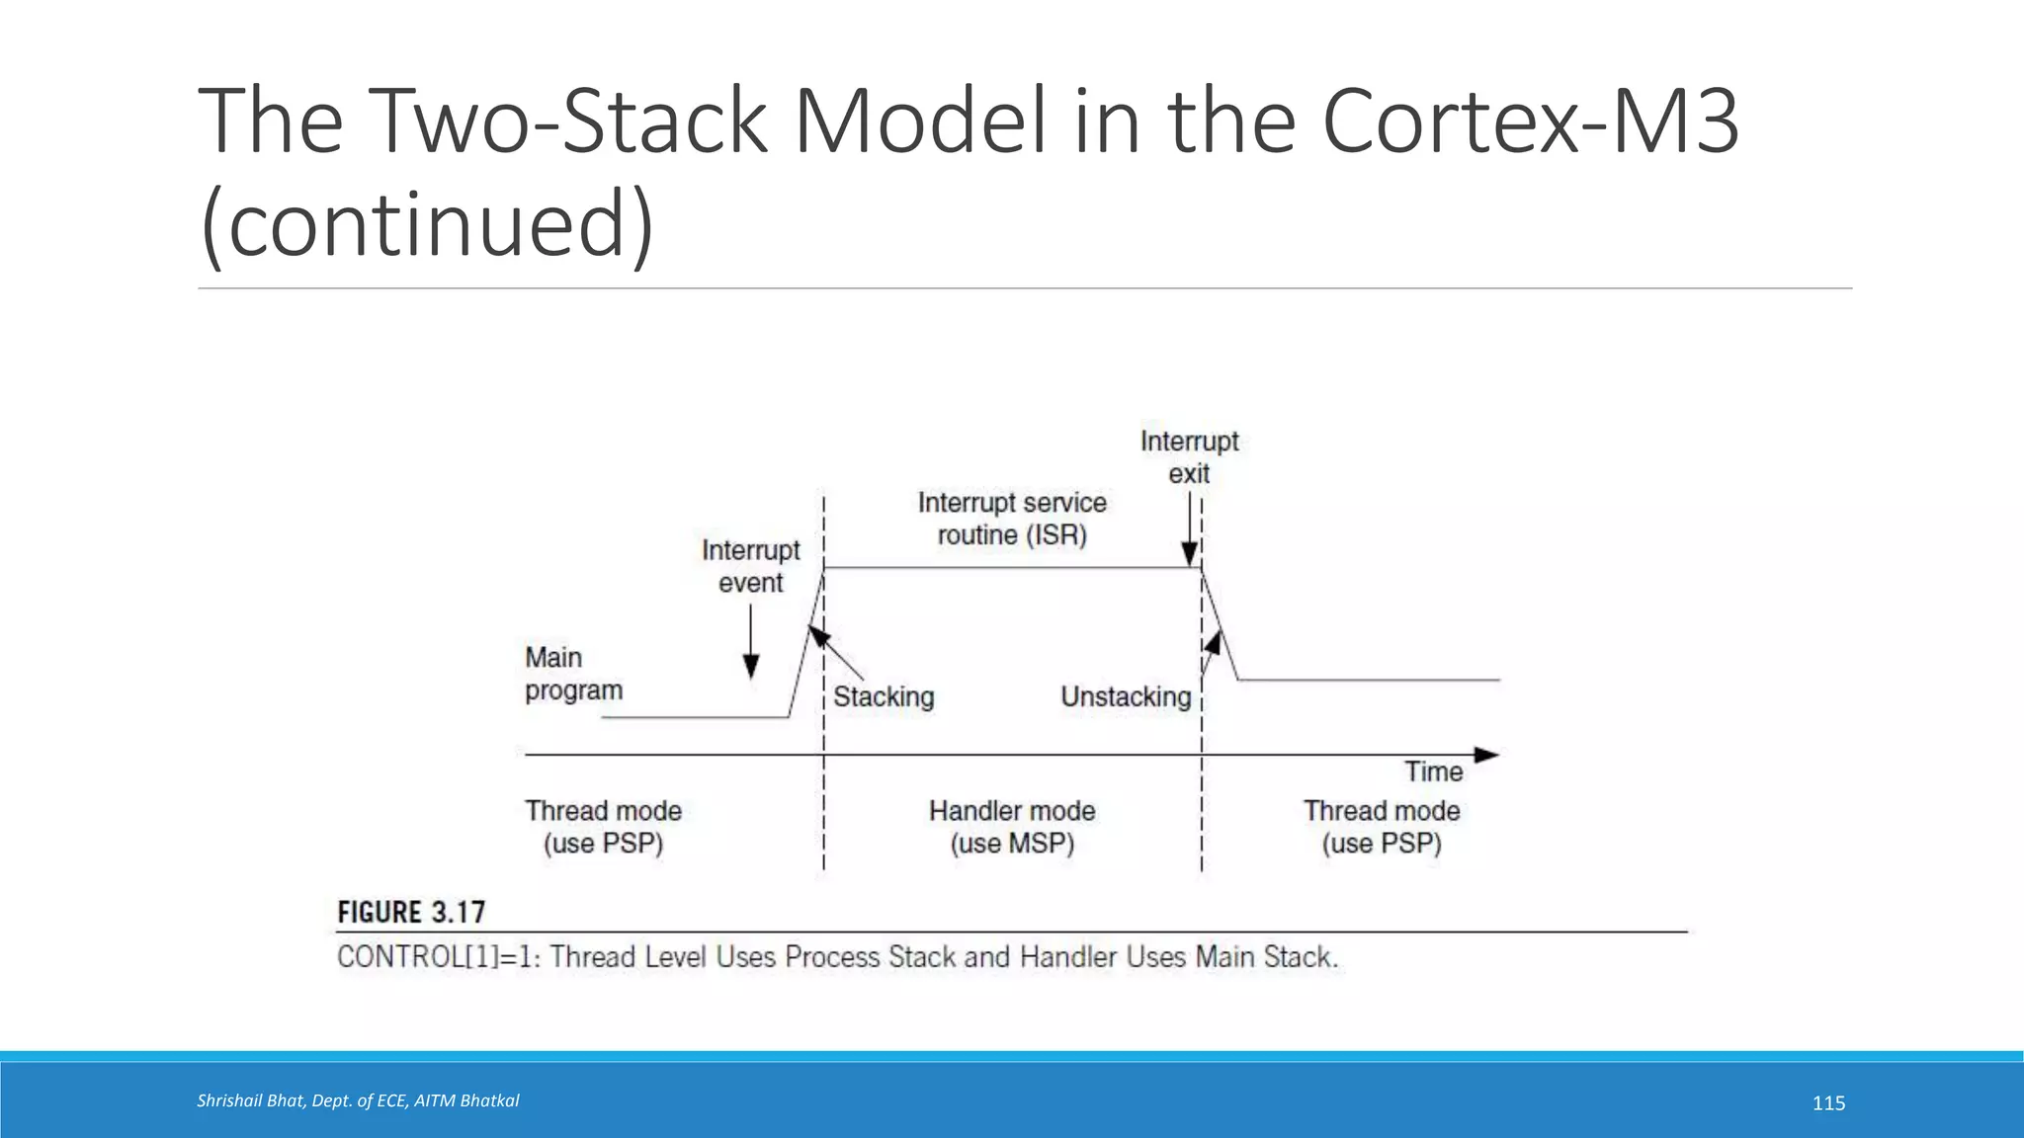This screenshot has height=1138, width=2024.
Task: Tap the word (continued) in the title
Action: pyautogui.click(x=426, y=223)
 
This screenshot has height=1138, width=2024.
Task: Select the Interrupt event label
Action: pyautogui.click(x=751, y=566)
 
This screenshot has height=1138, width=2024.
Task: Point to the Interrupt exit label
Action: pyautogui.click(x=1189, y=456)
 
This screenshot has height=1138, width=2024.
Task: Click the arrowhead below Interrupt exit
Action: pyautogui.click(x=1190, y=554)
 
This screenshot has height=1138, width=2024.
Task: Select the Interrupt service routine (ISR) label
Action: pyautogui.click(x=1012, y=519)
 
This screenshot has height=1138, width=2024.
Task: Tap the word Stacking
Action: pyautogui.click(x=884, y=697)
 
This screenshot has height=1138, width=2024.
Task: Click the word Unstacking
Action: pyautogui.click(x=1126, y=697)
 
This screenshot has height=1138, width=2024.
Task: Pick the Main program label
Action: pyautogui.click(x=573, y=674)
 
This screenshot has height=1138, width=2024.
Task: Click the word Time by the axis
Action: pyautogui.click(x=1433, y=772)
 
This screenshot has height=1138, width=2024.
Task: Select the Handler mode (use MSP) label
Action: pyautogui.click(x=1012, y=827)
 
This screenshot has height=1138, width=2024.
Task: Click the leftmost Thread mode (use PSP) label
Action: pyautogui.click(x=603, y=827)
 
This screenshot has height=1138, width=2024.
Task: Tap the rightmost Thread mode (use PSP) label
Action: pyautogui.click(x=1382, y=827)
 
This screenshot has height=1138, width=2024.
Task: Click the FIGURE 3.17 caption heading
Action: pyautogui.click(x=411, y=912)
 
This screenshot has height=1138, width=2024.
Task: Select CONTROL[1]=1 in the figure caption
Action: pyautogui.click(x=438, y=957)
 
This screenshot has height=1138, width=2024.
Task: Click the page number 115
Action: pyautogui.click(x=1828, y=1103)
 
